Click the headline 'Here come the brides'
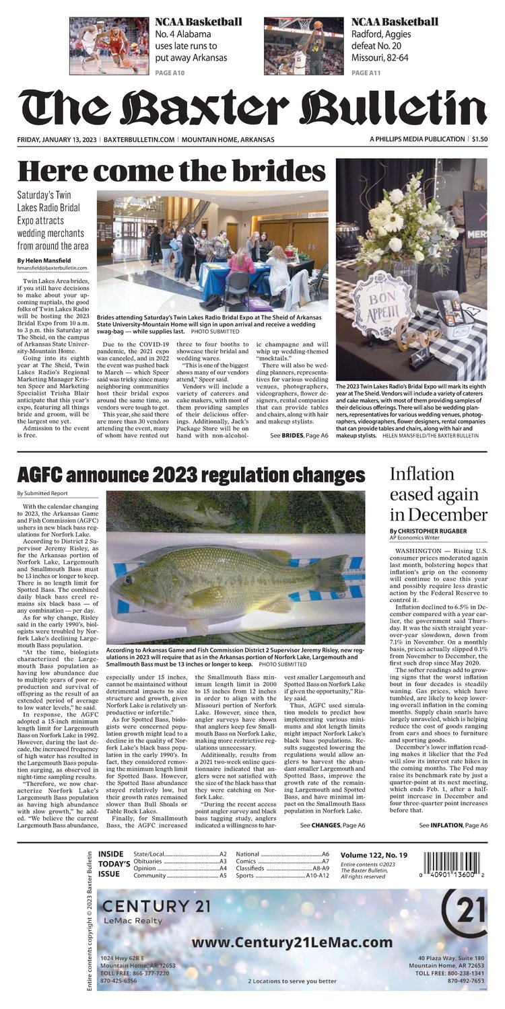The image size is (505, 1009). point(171,171)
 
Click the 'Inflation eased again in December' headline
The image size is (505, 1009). point(438,494)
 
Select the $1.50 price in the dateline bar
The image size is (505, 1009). point(479,139)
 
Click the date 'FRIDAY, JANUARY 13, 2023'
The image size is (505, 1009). point(58,139)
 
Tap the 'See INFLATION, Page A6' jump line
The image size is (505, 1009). point(452,825)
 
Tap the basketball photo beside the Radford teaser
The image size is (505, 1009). point(304,46)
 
